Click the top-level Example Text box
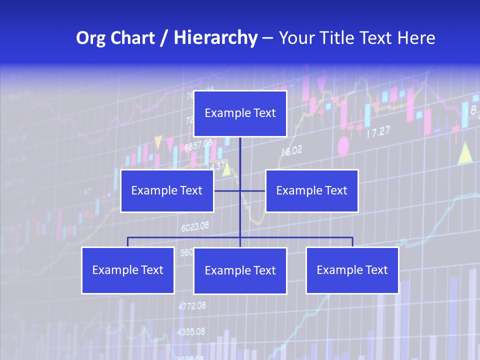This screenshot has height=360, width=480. point(240,113)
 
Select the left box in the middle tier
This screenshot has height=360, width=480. point(167,191)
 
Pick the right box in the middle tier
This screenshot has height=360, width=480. point(311,191)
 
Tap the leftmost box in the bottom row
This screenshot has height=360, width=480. point(128,270)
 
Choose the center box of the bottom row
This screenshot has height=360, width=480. point(240,271)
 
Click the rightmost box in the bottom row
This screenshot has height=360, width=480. point(352,270)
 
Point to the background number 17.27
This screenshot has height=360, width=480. point(378,132)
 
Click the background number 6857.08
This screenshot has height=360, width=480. point(198,145)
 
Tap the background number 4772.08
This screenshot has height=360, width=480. point(192,305)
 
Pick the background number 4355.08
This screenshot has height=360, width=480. point(191,331)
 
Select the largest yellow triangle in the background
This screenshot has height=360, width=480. point(465,153)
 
